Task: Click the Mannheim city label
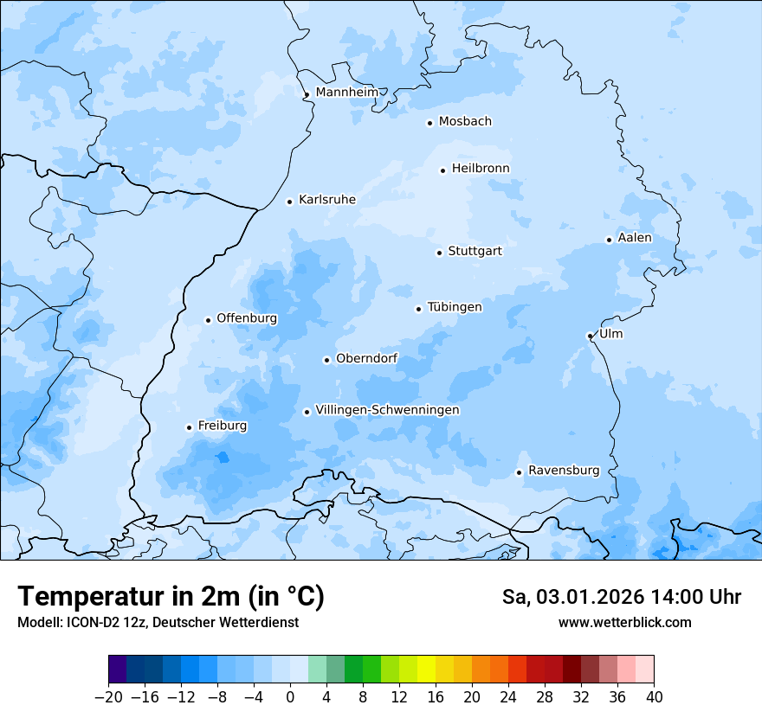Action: click(x=346, y=93)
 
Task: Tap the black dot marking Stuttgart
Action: click(x=439, y=253)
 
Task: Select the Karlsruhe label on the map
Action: click(x=326, y=200)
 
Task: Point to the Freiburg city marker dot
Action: click(x=189, y=427)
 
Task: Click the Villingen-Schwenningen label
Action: click(x=387, y=410)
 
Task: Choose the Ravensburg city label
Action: click(x=563, y=471)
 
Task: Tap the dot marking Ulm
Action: click(x=590, y=336)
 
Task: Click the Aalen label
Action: click(x=634, y=238)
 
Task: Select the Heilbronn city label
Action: click(x=481, y=169)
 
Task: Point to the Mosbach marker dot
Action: click(x=429, y=123)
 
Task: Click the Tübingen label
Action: click(x=455, y=307)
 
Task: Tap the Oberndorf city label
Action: click(x=366, y=358)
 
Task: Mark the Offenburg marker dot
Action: click(x=208, y=320)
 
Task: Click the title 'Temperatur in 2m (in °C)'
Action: click(x=171, y=597)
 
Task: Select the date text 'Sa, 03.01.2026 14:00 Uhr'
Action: click(x=621, y=597)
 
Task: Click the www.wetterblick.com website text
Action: click(x=624, y=622)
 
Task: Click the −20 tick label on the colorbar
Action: click(x=108, y=697)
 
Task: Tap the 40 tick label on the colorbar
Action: click(x=654, y=697)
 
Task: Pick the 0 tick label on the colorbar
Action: click(x=290, y=697)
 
